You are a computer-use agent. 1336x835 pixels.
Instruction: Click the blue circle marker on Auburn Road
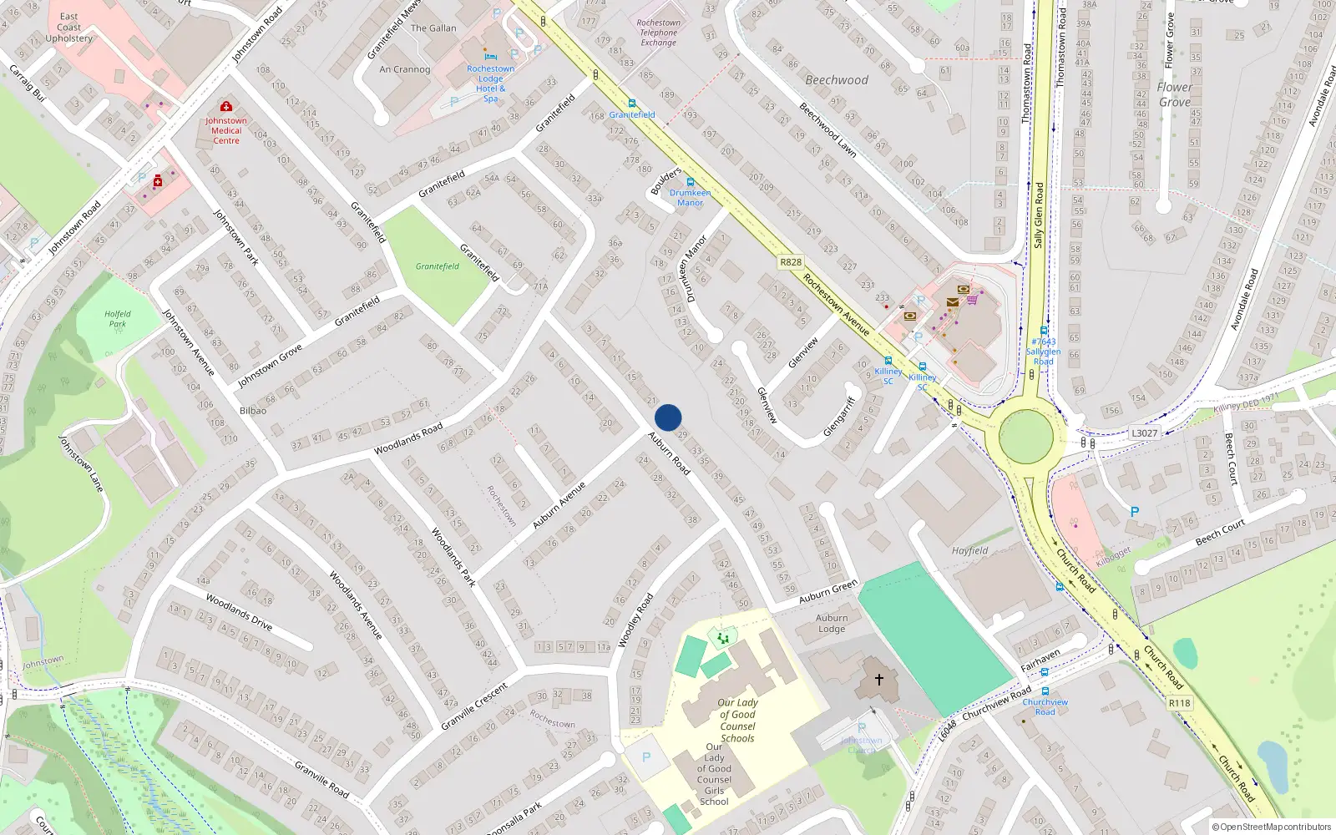[668, 417]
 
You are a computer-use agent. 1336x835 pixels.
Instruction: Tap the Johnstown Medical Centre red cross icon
[225, 107]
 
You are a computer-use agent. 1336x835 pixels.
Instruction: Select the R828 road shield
[790, 262]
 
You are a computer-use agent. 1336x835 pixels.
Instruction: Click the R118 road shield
[1179, 703]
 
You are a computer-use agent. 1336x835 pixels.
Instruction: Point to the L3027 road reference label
[1144, 433]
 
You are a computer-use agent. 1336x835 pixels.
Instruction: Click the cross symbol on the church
[878, 680]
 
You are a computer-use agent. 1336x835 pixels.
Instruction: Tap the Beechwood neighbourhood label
[837, 80]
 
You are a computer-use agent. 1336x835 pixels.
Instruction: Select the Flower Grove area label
[1174, 94]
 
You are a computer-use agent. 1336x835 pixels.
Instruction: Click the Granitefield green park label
[438, 266]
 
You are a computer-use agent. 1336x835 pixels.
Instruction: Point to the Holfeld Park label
[118, 319]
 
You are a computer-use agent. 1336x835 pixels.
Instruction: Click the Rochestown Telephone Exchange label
[658, 33]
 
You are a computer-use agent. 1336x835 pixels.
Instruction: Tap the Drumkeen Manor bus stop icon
[691, 182]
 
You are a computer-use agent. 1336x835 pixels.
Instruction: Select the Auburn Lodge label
[832, 624]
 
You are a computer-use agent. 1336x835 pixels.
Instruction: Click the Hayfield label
[969, 551]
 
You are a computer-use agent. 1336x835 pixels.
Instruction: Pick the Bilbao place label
[253, 411]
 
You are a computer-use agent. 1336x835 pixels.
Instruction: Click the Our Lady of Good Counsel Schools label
[737, 721]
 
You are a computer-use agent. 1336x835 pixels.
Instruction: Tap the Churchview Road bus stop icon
[1045, 691]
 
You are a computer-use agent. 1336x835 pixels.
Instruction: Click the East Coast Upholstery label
[69, 28]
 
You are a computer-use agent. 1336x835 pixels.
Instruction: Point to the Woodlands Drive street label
[239, 612]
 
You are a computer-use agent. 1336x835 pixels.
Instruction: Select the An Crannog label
[405, 69]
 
